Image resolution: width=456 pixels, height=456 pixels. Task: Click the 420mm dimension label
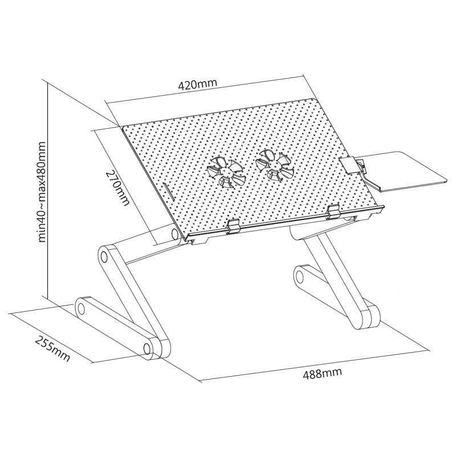(x=197, y=84)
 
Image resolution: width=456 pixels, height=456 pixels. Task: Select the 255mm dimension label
(x=52, y=349)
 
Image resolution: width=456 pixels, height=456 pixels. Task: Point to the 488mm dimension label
(x=322, y=373)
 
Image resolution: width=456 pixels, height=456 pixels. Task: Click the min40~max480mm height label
(x=42, y=192)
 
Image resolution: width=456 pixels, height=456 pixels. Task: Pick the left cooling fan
(x=224, y=173)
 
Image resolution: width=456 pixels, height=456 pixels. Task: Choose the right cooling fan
(x=274, y=165)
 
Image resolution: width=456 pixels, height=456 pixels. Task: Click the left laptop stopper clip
(x=233, y=226)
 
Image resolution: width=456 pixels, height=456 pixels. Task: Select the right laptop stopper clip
(x=334, y=211)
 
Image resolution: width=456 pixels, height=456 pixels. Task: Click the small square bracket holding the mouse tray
(x=348, y=165)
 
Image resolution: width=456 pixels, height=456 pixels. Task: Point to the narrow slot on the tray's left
(x=168, y=192)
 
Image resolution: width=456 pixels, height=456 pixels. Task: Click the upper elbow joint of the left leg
(x=104, y=256)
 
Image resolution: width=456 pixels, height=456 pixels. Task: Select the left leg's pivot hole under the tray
(x=176, y=233)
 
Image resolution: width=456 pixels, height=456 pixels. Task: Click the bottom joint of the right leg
(x=367, y=317)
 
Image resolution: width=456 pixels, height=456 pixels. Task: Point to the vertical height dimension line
(x=47, y=190)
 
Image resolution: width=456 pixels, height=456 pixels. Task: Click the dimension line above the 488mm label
(x=315, y=365)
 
